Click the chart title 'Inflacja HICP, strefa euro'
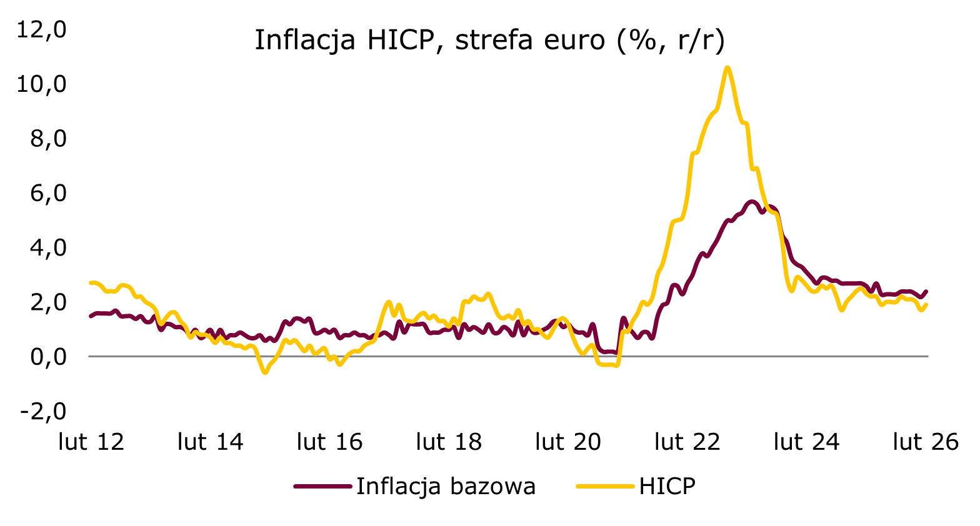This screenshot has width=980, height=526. coord(489,41)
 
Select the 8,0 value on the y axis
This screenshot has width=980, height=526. coord(47,138)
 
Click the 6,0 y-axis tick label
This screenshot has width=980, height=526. coord(47,193)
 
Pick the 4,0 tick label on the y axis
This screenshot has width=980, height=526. coord(47,247)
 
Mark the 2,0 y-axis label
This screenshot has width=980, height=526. coord(47,302)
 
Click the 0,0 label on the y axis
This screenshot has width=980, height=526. coord(47,357)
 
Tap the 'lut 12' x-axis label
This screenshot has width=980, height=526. coord(91,442)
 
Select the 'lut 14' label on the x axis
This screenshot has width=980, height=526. coord(211,442)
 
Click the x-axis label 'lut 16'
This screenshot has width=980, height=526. coord(330,442)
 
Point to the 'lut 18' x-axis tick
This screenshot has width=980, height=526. coord(449,442)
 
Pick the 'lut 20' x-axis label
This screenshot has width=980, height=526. coord(568,442)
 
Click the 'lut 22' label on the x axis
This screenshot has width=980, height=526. coord(687,442)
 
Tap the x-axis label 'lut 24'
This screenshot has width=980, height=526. coord(806,442)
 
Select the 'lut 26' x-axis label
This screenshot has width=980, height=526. coord(926,442)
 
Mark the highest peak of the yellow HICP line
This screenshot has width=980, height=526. coord(727,67)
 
